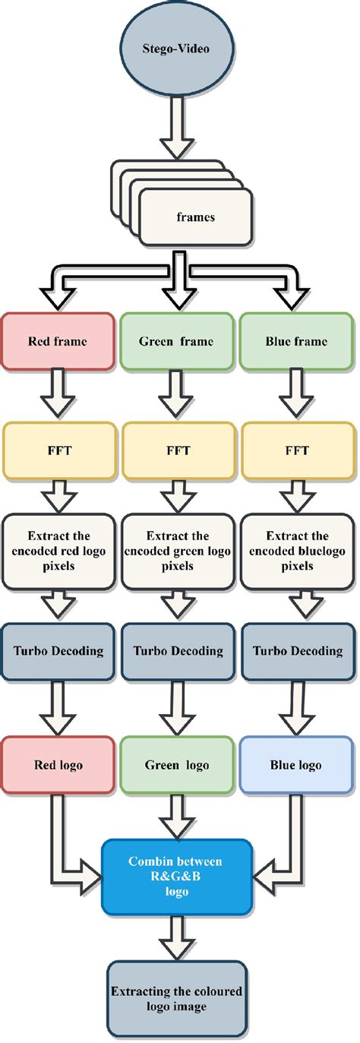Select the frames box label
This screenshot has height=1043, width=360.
(195, 217)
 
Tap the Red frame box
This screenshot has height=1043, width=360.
(58, 342)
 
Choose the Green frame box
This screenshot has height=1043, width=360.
(177, 342)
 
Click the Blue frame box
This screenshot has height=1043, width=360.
(297, 342)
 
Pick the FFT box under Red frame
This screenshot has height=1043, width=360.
(58, 450)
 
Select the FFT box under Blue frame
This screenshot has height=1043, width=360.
(297, 450)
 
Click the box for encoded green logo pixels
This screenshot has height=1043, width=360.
(177, 552)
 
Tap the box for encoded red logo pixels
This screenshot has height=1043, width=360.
(58, 552)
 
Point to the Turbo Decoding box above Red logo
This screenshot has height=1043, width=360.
(58, 651)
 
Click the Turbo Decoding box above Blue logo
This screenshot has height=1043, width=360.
(297, 651)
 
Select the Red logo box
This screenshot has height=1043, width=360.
(58, 765)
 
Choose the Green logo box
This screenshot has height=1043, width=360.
(177, 765)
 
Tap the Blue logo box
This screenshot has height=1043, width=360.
(297, 765)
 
